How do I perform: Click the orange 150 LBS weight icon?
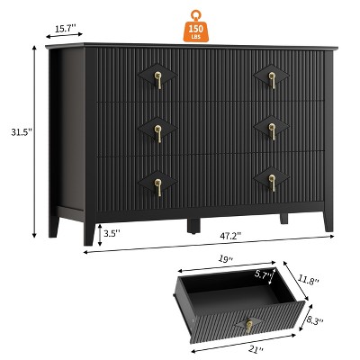click(x=195, y=26)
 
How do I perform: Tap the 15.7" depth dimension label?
click(x=65, y=28)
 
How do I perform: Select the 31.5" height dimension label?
click(x=22, y=132)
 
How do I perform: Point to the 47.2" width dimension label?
click(x=230, y=237)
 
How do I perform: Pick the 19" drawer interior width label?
click(x=226, y=259)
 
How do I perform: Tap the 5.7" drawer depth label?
click(x=264, y=274)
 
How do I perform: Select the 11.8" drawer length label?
click(x=308, y=281)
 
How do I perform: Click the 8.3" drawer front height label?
click(x=316, y=320)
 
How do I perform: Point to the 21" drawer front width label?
click(x=257, y=349)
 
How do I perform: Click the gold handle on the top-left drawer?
click(x=158, y=80)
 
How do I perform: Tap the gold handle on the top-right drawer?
click(x=272, y=80)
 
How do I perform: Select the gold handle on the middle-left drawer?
click(x=158, y=133)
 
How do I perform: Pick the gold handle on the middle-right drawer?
click(x=272, y=131)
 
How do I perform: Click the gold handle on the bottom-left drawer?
click(x=158, y=187)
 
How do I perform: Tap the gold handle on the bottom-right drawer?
click(x=272, y=184)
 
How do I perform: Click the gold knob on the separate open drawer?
click(x=248, y=326)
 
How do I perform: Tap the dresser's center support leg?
click(x=193, y=226)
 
